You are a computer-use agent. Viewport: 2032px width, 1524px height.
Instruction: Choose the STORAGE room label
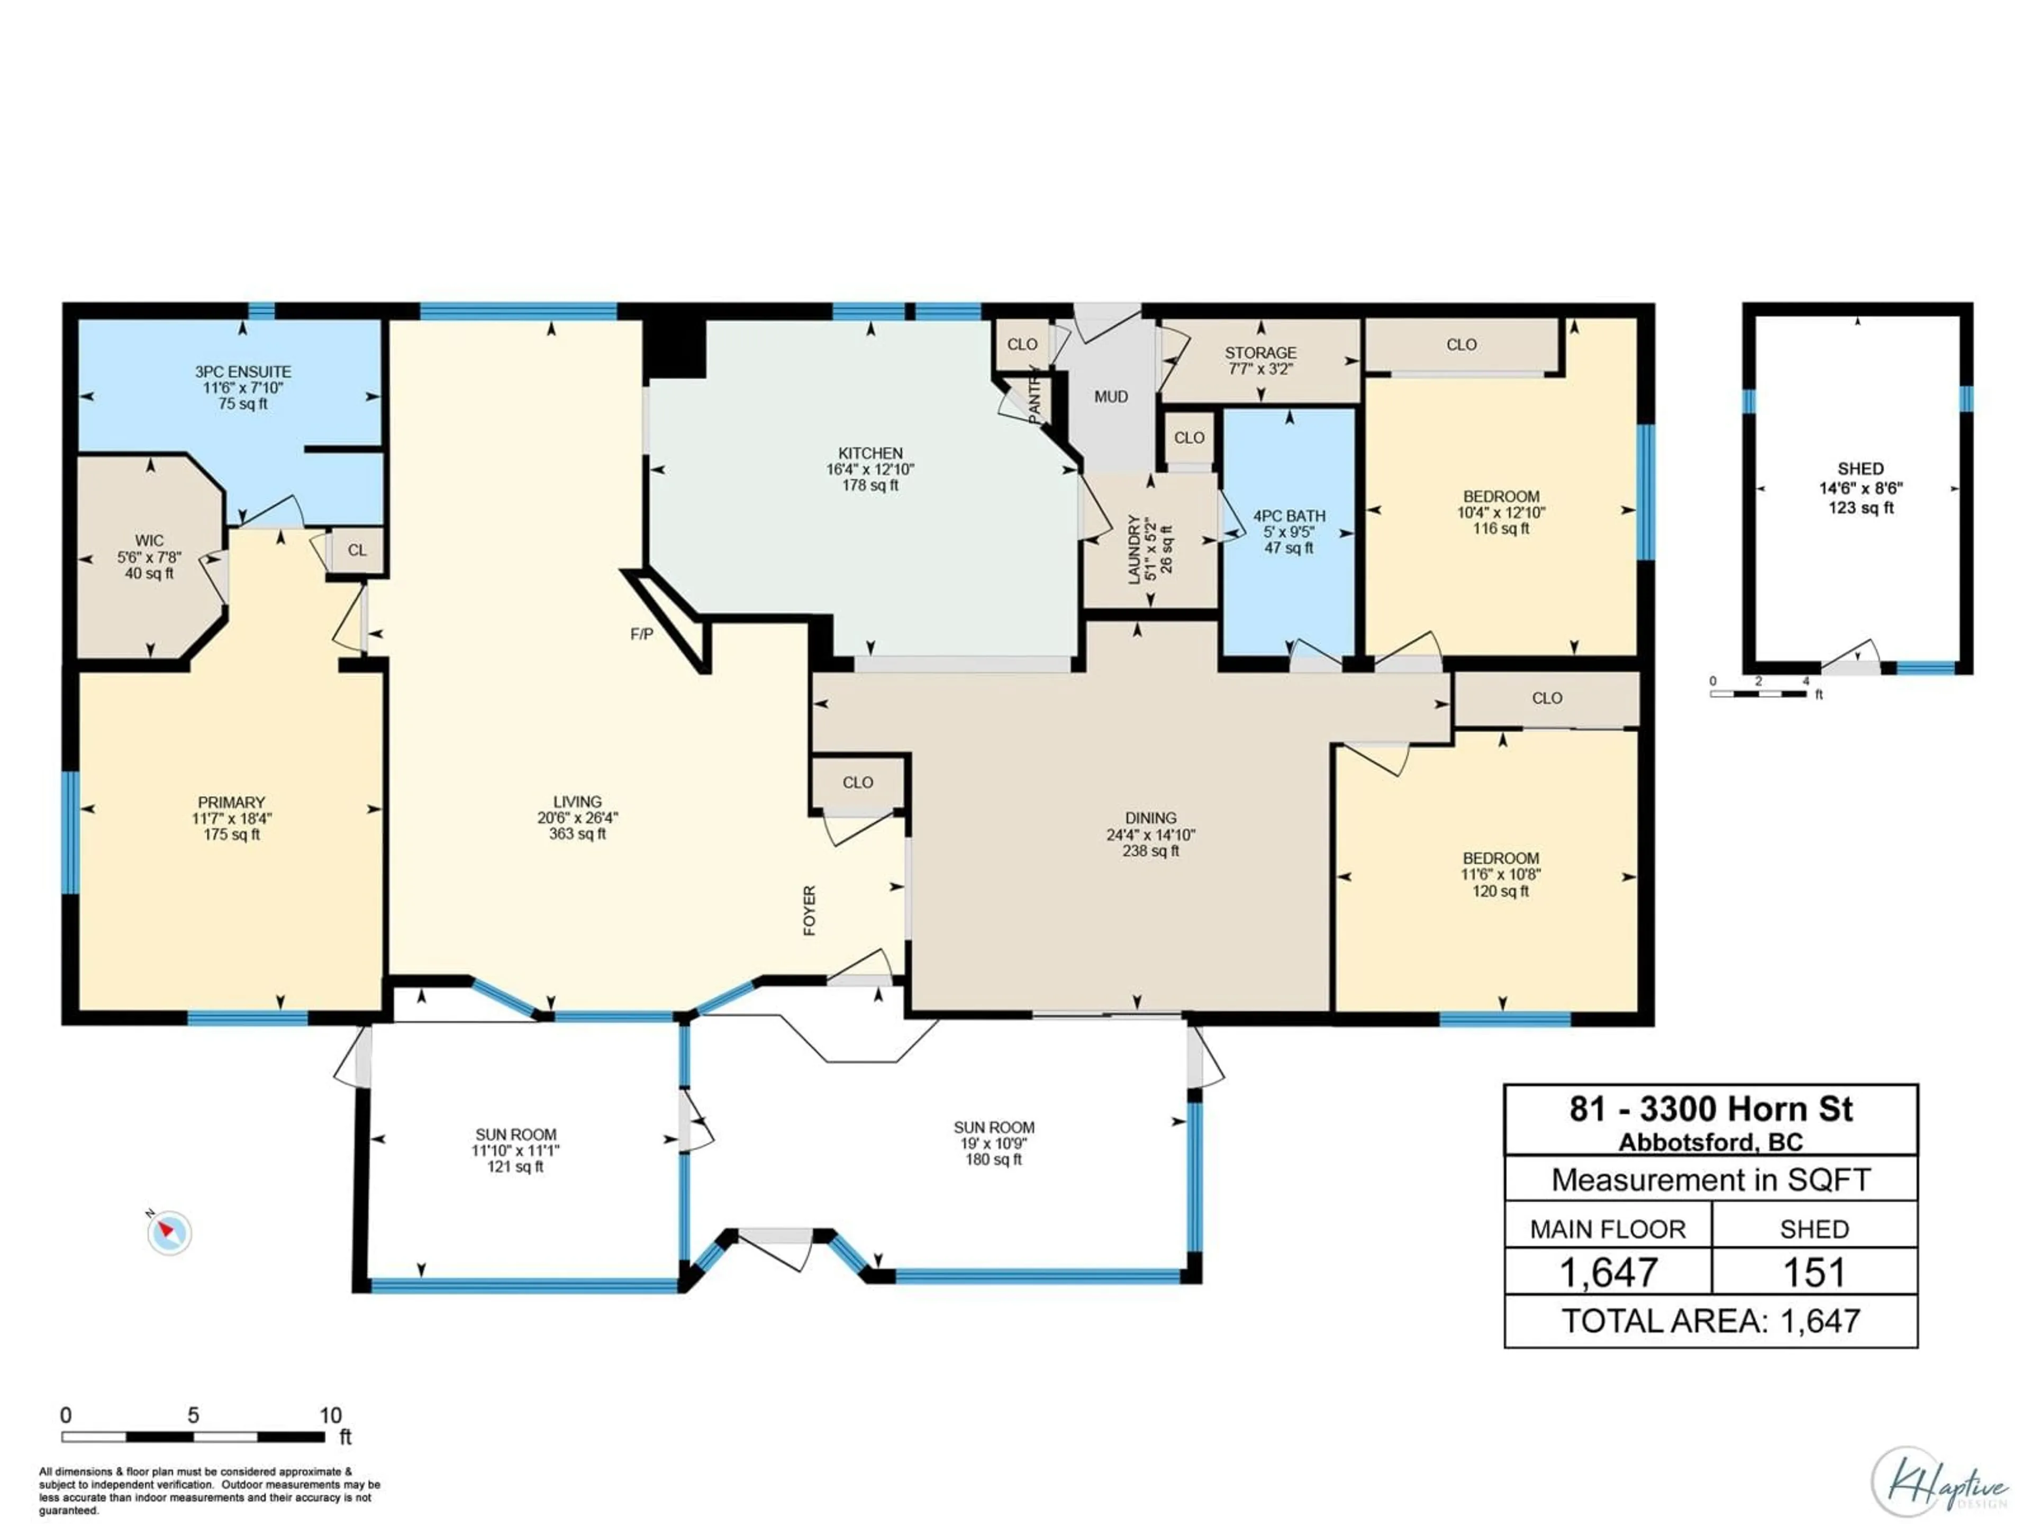click(1260, 353)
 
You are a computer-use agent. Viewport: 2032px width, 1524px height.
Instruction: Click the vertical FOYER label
click(809, 910)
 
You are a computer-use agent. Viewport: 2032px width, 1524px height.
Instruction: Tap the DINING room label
click(1150, 818)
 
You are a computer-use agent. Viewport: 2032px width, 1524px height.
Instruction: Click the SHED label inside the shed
click(1860, 468)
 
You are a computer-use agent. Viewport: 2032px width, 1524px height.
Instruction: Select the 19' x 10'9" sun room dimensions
click(993, 1144)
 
